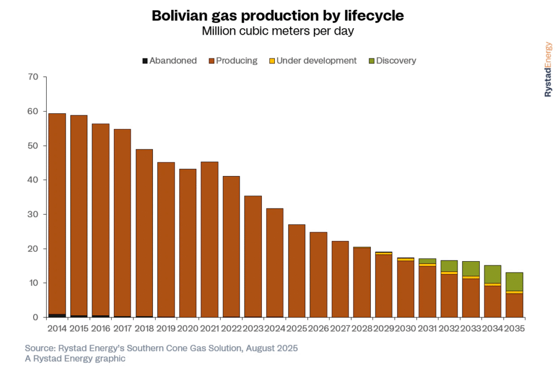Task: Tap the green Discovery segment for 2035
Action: [514, 282]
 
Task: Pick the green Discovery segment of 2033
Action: [470, 269]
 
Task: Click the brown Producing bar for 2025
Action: [296, 271]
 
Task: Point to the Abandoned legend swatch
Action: [145, 61]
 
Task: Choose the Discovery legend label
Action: [396, 61]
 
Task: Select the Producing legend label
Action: [236, 61]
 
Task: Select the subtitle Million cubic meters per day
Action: [277, 31]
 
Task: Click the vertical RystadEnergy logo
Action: [548, 69]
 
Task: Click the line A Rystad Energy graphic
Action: [75, 358]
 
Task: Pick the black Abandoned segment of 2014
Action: [57, 315]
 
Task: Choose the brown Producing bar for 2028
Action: [362, 282]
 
